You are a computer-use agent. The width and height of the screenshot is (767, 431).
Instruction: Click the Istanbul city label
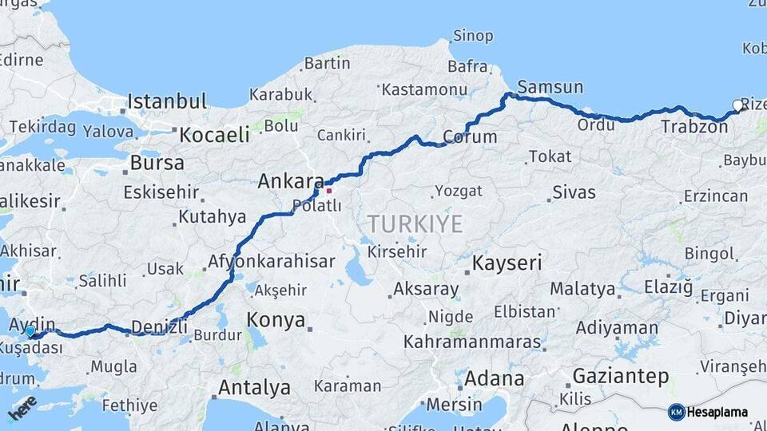(x=167, y=101)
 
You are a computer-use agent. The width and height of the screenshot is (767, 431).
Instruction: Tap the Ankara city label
(x=290, y=181)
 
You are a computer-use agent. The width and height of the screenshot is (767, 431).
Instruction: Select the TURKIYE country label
(x=415, y=223)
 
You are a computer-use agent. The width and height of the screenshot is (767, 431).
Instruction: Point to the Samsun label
(x=550, y=86)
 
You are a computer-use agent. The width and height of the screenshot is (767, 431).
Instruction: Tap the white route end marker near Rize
(x=737, y=105)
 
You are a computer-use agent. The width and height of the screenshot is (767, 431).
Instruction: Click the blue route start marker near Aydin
(x=30, y=330)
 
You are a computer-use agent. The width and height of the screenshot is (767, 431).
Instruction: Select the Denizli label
(x=159, y=326)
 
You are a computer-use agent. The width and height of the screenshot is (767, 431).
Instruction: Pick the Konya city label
(x=276, y=320)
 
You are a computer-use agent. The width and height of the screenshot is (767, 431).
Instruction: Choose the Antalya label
(x=254, y=388)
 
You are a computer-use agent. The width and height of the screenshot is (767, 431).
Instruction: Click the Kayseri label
(x=507, y=262)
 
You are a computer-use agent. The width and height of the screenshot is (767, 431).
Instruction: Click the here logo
(x=22, y=407)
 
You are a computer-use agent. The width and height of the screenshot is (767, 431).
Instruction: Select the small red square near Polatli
(x=328, y=191)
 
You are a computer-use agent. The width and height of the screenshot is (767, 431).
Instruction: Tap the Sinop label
(x=473, y=35)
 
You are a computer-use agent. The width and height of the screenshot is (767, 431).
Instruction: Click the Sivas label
(x=574, y=192)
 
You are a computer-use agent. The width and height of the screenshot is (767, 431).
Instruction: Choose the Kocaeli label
(x=214, y=135)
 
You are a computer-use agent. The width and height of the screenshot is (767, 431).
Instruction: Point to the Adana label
(x=495, y=378)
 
